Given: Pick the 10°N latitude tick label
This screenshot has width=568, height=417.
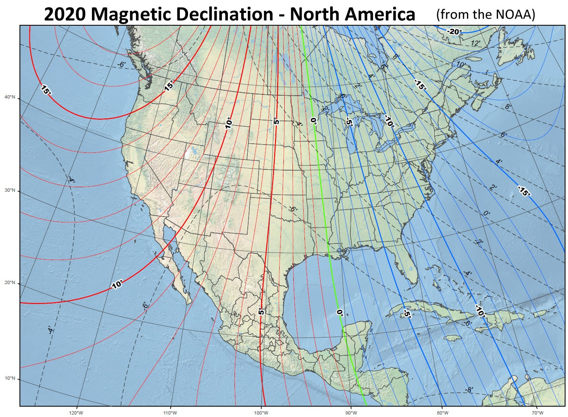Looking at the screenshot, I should pyautogui.click(x=10, y=378).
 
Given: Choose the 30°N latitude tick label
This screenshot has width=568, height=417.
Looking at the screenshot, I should pyautogui.click(x=10, y=190).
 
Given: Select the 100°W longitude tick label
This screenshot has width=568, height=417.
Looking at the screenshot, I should pyautogui.click(x=261, y=412).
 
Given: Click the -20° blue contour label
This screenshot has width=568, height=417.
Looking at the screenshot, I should pyautogui.click(x=454, y=31).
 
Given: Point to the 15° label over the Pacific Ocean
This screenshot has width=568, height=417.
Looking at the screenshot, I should pyautogui.click(x=46, y=89).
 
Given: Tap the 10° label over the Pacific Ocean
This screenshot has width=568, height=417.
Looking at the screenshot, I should pyautogui.click(x=117, y=284).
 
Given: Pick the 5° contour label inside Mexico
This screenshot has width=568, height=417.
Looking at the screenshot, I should pyautogui.click(x=261, y=311).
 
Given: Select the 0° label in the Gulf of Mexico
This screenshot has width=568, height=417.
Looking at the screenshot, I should pyautogui.click(x=340, y=313).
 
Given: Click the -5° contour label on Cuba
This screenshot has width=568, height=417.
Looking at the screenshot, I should pyautogui.click(x=406, y=313).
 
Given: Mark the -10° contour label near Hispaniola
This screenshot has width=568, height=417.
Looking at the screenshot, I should pyautogui.click(x=480, y=311).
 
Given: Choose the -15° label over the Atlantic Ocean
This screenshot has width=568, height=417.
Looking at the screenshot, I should pyautogui.click(x=524, y=191).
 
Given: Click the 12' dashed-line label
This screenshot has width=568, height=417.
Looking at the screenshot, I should pyautogui.click(x=475, y=43).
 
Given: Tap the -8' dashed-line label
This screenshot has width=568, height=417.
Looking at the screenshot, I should pyautogui.click(x=469, y=390).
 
